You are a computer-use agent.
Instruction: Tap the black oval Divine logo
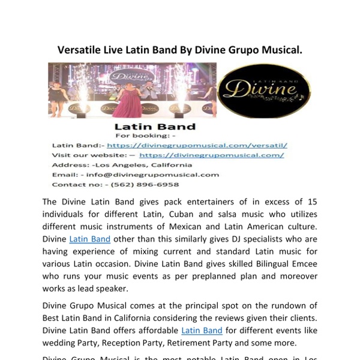point(264,91)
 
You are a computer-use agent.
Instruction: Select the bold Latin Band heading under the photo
point(155,127)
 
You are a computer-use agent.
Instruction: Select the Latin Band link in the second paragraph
point(202,330)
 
